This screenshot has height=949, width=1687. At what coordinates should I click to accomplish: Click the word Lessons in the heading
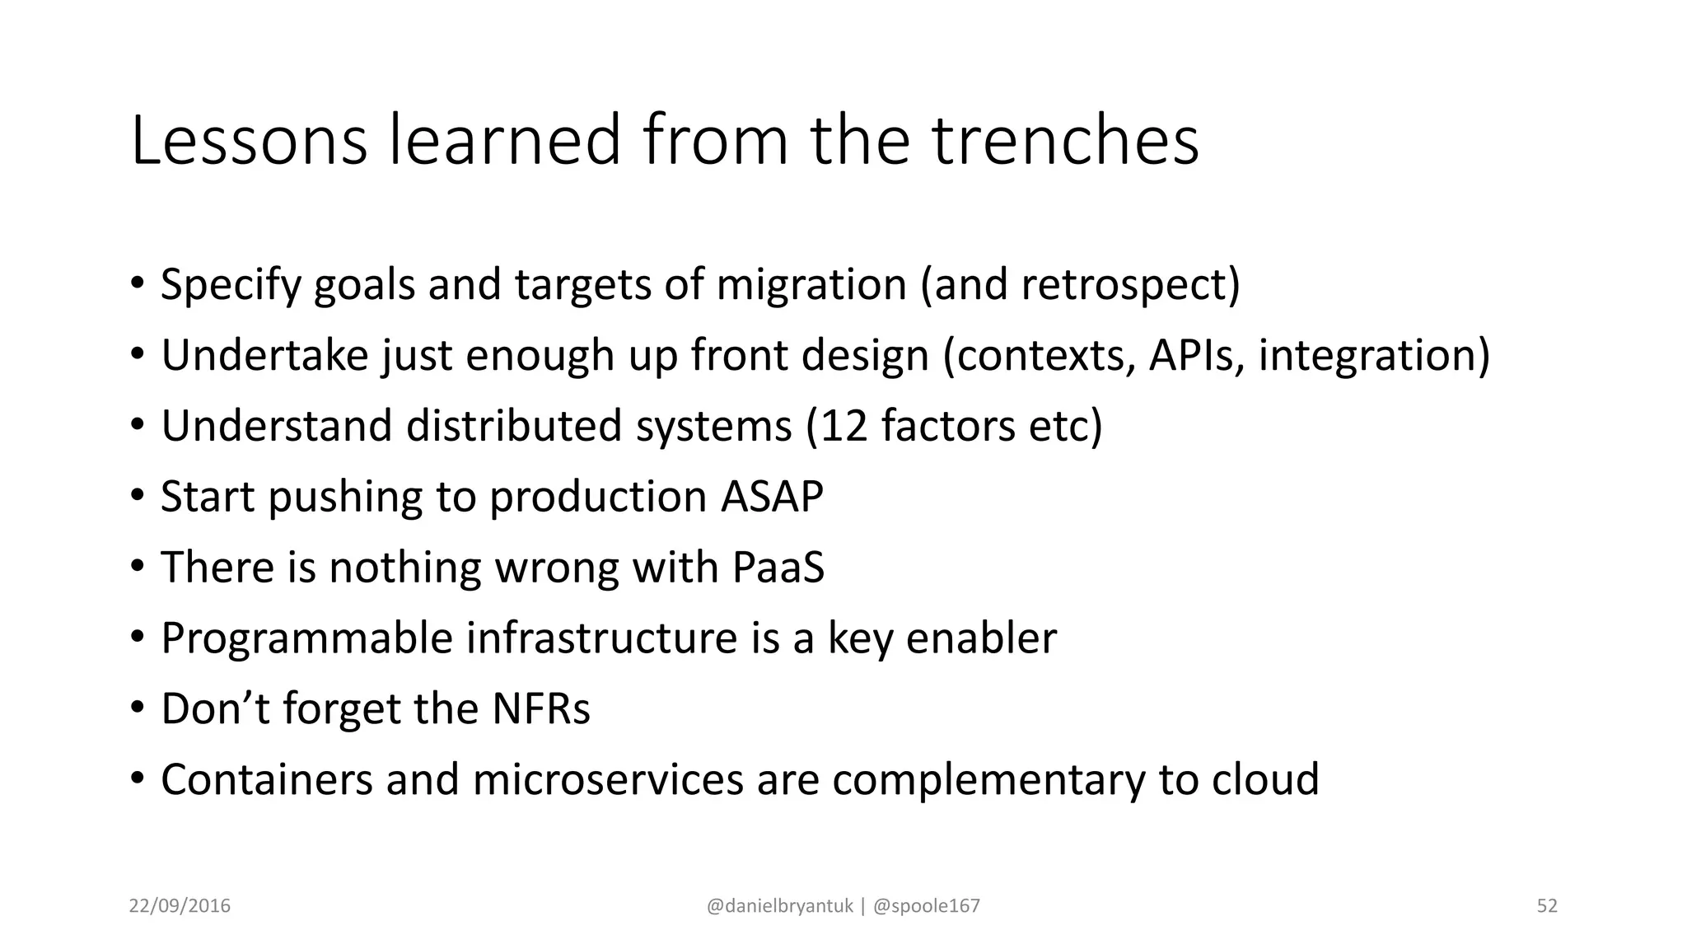248,142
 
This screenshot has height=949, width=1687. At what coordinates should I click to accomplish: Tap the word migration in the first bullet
811,284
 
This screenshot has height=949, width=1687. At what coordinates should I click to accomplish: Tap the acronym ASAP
772,497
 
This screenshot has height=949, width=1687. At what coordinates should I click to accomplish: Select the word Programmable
307,638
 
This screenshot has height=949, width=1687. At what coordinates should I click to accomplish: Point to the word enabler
980,638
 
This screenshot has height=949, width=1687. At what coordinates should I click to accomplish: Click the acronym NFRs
540,709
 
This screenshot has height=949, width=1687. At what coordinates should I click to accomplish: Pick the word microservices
608,780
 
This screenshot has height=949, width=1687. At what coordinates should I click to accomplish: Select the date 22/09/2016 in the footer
180,906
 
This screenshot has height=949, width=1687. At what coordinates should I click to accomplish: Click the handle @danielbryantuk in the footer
779,906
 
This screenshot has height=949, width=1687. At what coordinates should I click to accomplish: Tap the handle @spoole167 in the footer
926,906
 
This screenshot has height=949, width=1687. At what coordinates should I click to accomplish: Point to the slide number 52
1547,906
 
